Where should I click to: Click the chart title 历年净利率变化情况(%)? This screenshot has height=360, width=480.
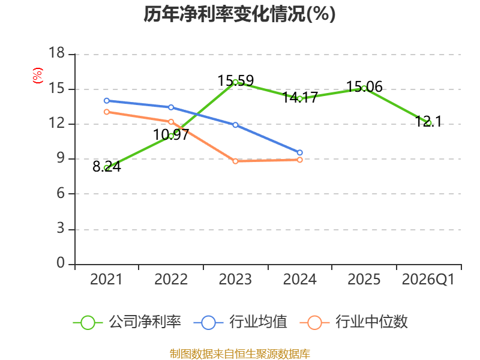(x=239, y=14)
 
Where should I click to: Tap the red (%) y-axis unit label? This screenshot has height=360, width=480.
(x=38, y=76)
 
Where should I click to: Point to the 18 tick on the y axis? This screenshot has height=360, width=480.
(x=57, y=53)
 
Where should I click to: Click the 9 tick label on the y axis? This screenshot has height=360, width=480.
(x=61, y=158)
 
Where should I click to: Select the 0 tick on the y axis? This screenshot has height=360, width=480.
(x=61, y=263)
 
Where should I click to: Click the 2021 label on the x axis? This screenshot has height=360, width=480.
(x=106, y=279)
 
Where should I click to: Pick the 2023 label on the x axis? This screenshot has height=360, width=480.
(x=235, y=279)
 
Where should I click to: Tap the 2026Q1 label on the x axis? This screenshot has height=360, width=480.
(x=428, y=279)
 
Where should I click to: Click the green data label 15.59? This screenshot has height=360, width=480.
(x=235, y=81)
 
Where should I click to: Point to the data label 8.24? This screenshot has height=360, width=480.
(x=107, y=167)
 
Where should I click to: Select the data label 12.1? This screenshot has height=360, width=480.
(x=428, y=122)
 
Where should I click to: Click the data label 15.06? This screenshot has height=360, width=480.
(x=364, y=86)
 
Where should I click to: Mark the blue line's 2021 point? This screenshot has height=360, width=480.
(x=107, y=101)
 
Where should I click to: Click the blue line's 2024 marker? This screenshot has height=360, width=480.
(x=299, y=152)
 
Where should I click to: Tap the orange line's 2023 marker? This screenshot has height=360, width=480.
(x=235, y=161)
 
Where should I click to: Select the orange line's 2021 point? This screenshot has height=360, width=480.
(x=107, y=112)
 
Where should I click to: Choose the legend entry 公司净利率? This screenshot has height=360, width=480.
(x=127, y=322)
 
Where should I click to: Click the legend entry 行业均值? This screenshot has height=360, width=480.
(x=241, y=322)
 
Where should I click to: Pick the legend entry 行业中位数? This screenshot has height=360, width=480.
(x=353, y=322)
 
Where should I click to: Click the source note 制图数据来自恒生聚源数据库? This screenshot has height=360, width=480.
(x=239, y=354)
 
